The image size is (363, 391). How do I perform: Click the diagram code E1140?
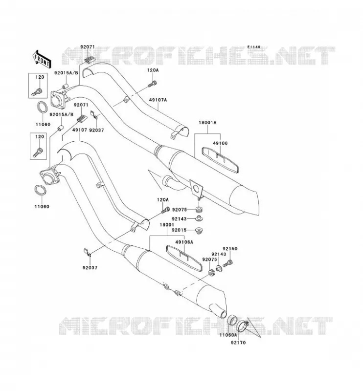coord(253,47)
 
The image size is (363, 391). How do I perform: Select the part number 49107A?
coord(158,100)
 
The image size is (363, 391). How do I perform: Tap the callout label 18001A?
coord(207,123)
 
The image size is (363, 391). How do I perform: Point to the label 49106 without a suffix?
coord(220,143)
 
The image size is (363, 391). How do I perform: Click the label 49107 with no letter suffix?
coord(79,130)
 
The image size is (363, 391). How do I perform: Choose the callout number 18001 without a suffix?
coord(167,225)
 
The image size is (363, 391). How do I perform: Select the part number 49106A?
coord(184,242)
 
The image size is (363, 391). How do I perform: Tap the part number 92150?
coord(230,249)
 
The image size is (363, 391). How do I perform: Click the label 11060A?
coord(228,335)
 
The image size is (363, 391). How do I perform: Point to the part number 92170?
coord(238,343)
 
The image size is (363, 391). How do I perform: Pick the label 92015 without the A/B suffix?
coord(179,230)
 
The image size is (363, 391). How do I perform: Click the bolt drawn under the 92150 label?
coord(227,263)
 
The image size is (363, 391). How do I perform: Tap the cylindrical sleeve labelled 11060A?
coord(232,320)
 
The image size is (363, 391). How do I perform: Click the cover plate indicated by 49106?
coord(220,160)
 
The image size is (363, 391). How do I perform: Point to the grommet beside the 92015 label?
coord(199,230)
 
